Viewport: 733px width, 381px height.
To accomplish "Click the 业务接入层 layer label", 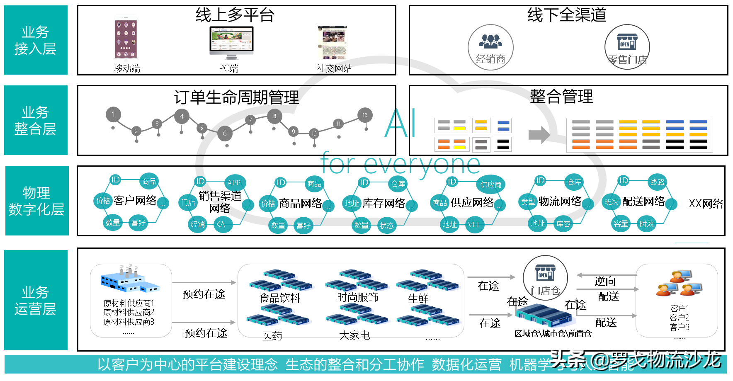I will point(36,40).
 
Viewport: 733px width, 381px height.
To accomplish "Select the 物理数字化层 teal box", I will point(37,201).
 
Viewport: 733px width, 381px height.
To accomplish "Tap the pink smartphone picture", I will point(126,39).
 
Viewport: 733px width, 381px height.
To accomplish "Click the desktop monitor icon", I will point(231,41).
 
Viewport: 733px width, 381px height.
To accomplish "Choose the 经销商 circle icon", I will point(490,47).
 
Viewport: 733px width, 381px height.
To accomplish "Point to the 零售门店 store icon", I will point(627,46).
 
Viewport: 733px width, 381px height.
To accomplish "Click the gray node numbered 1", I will point(113,114).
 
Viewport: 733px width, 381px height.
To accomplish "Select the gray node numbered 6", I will point(225,133).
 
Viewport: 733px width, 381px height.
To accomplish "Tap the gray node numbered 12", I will point(365,115).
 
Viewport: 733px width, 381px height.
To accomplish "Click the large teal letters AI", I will point(400,123).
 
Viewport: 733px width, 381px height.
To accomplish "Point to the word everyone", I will point(422,165).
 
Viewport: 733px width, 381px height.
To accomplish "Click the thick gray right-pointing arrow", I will point(539,135).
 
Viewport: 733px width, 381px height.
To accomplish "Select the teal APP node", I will point(234,183).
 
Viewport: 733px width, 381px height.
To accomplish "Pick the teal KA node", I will point(221,224).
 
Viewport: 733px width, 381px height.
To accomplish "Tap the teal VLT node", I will point(474,225).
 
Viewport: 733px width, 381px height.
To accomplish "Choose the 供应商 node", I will point(491,184).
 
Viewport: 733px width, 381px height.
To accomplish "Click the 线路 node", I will point(658,182).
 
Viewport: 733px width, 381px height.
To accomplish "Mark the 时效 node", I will point(646,224).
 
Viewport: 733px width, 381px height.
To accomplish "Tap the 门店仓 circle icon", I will point(545,277).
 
